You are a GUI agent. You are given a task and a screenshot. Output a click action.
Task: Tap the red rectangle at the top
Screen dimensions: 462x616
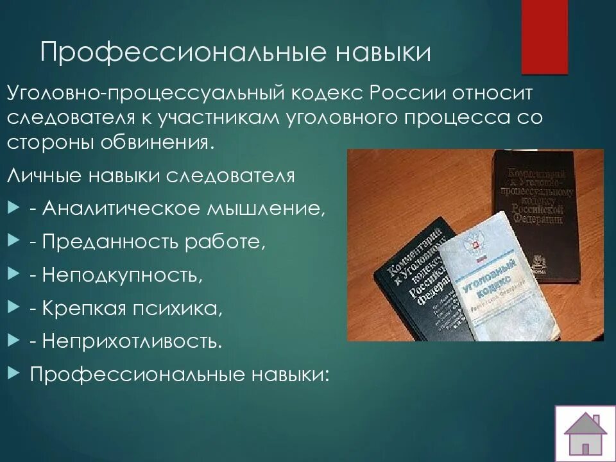(x=544, y=35)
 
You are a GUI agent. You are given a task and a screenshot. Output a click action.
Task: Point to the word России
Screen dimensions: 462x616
(x=404, y=94)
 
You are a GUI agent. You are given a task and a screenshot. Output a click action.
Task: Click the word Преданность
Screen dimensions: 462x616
(x=110, y=243)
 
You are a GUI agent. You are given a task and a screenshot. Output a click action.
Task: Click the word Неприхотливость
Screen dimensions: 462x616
(x=132, y=341)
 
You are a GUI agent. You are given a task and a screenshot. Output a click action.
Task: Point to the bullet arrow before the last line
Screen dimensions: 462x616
(x=15, y=373)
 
